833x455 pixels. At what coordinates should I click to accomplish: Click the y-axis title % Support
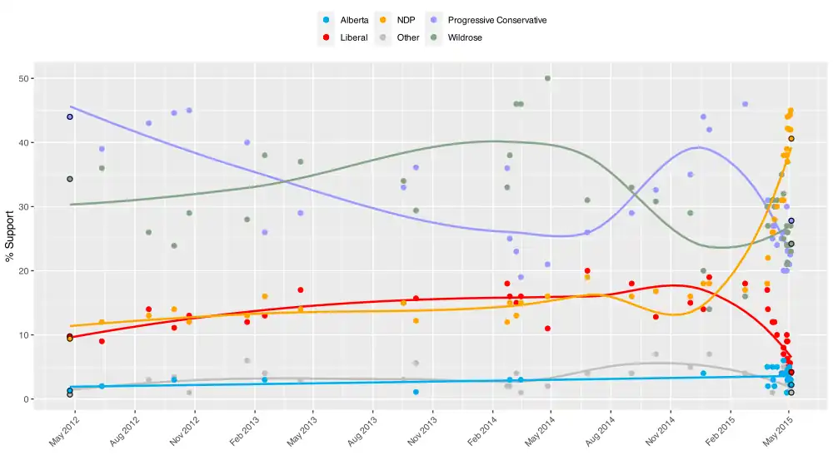11,239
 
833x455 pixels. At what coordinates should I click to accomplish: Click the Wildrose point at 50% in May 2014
547,78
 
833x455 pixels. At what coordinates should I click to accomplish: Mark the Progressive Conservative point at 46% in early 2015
745,104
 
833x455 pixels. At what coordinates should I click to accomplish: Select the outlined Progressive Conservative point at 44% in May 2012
70,117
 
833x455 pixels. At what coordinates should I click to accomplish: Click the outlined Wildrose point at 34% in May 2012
70,179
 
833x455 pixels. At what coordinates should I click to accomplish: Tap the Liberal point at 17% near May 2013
300,290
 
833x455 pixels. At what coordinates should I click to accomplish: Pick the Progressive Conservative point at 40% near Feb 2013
247,142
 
